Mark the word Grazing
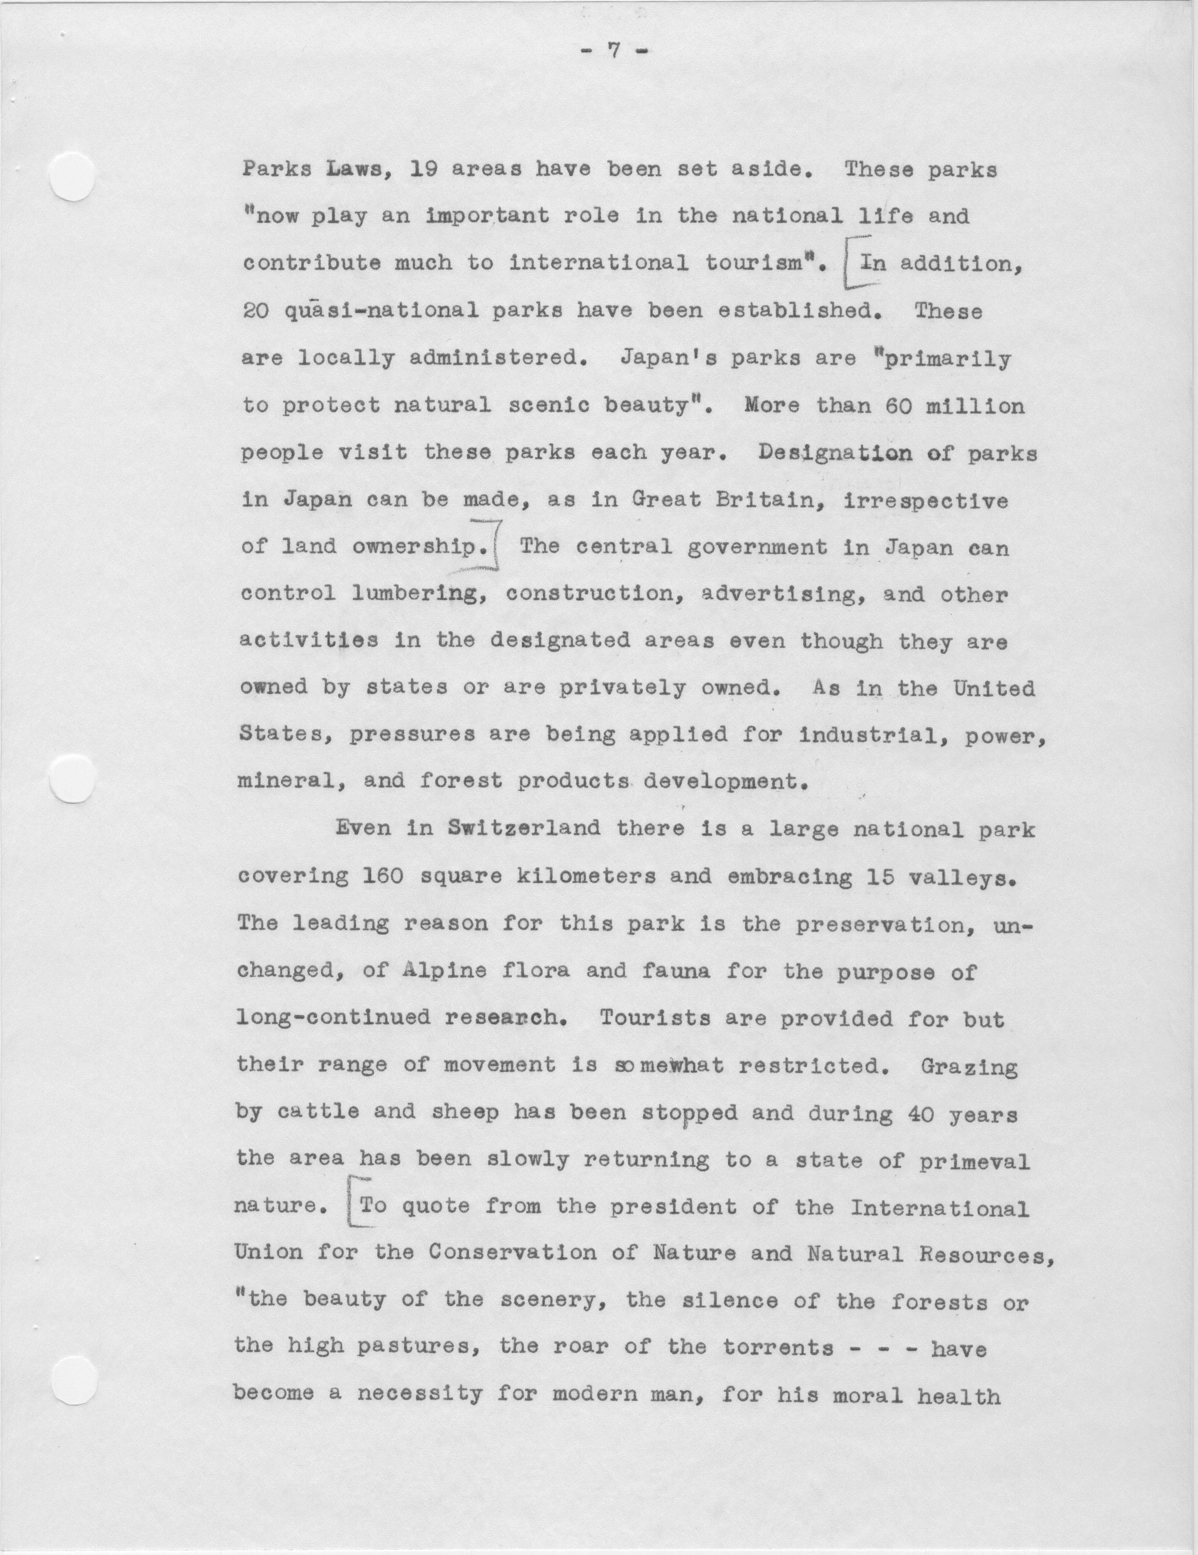[x=969, y=1066]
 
